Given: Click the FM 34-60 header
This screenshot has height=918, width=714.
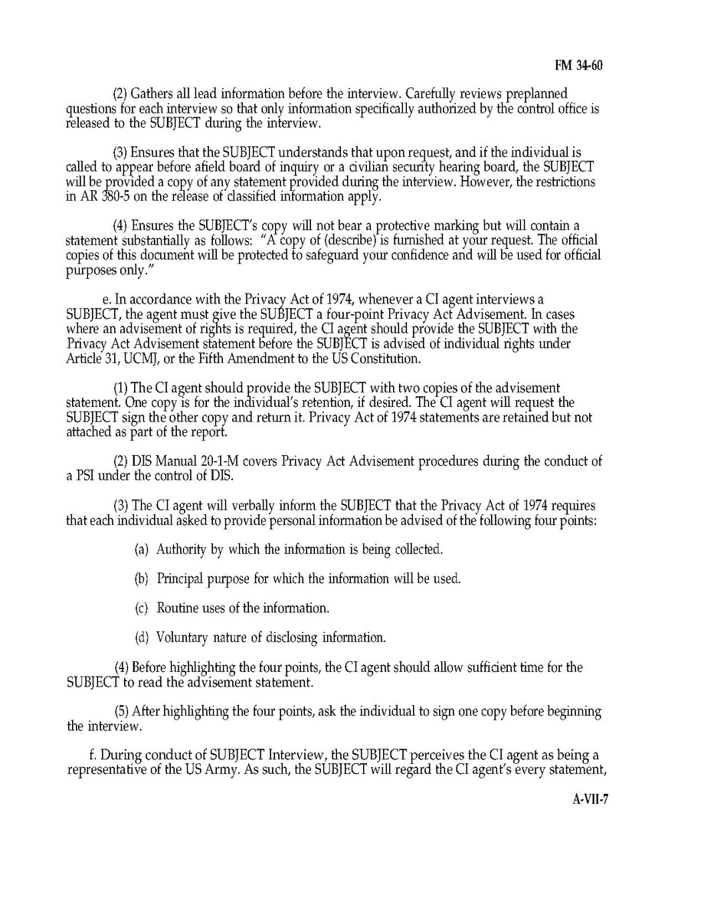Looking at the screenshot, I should point(578,66).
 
